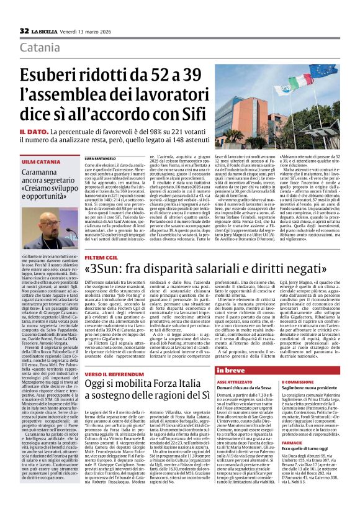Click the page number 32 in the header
24,30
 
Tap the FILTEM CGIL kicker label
103,256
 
